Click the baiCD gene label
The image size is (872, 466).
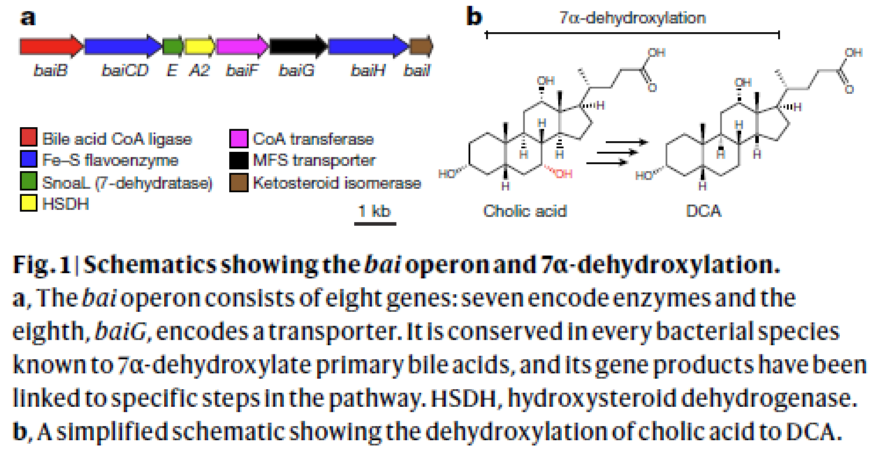tap(125, 72)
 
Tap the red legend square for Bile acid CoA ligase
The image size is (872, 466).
tap(28, 140)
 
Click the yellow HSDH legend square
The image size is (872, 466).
tap(28, 205)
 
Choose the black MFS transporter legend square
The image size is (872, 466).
tap(239, 160)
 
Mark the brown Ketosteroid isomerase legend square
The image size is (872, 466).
tap(239, 183)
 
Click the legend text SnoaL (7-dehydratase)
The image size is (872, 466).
tap(127, 183)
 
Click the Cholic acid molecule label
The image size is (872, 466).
tap(525, 210)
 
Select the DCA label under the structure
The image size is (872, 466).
tap(704, 210)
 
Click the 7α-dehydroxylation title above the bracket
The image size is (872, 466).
tap(633, 18)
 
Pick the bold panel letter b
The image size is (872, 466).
tap(473, 16)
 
